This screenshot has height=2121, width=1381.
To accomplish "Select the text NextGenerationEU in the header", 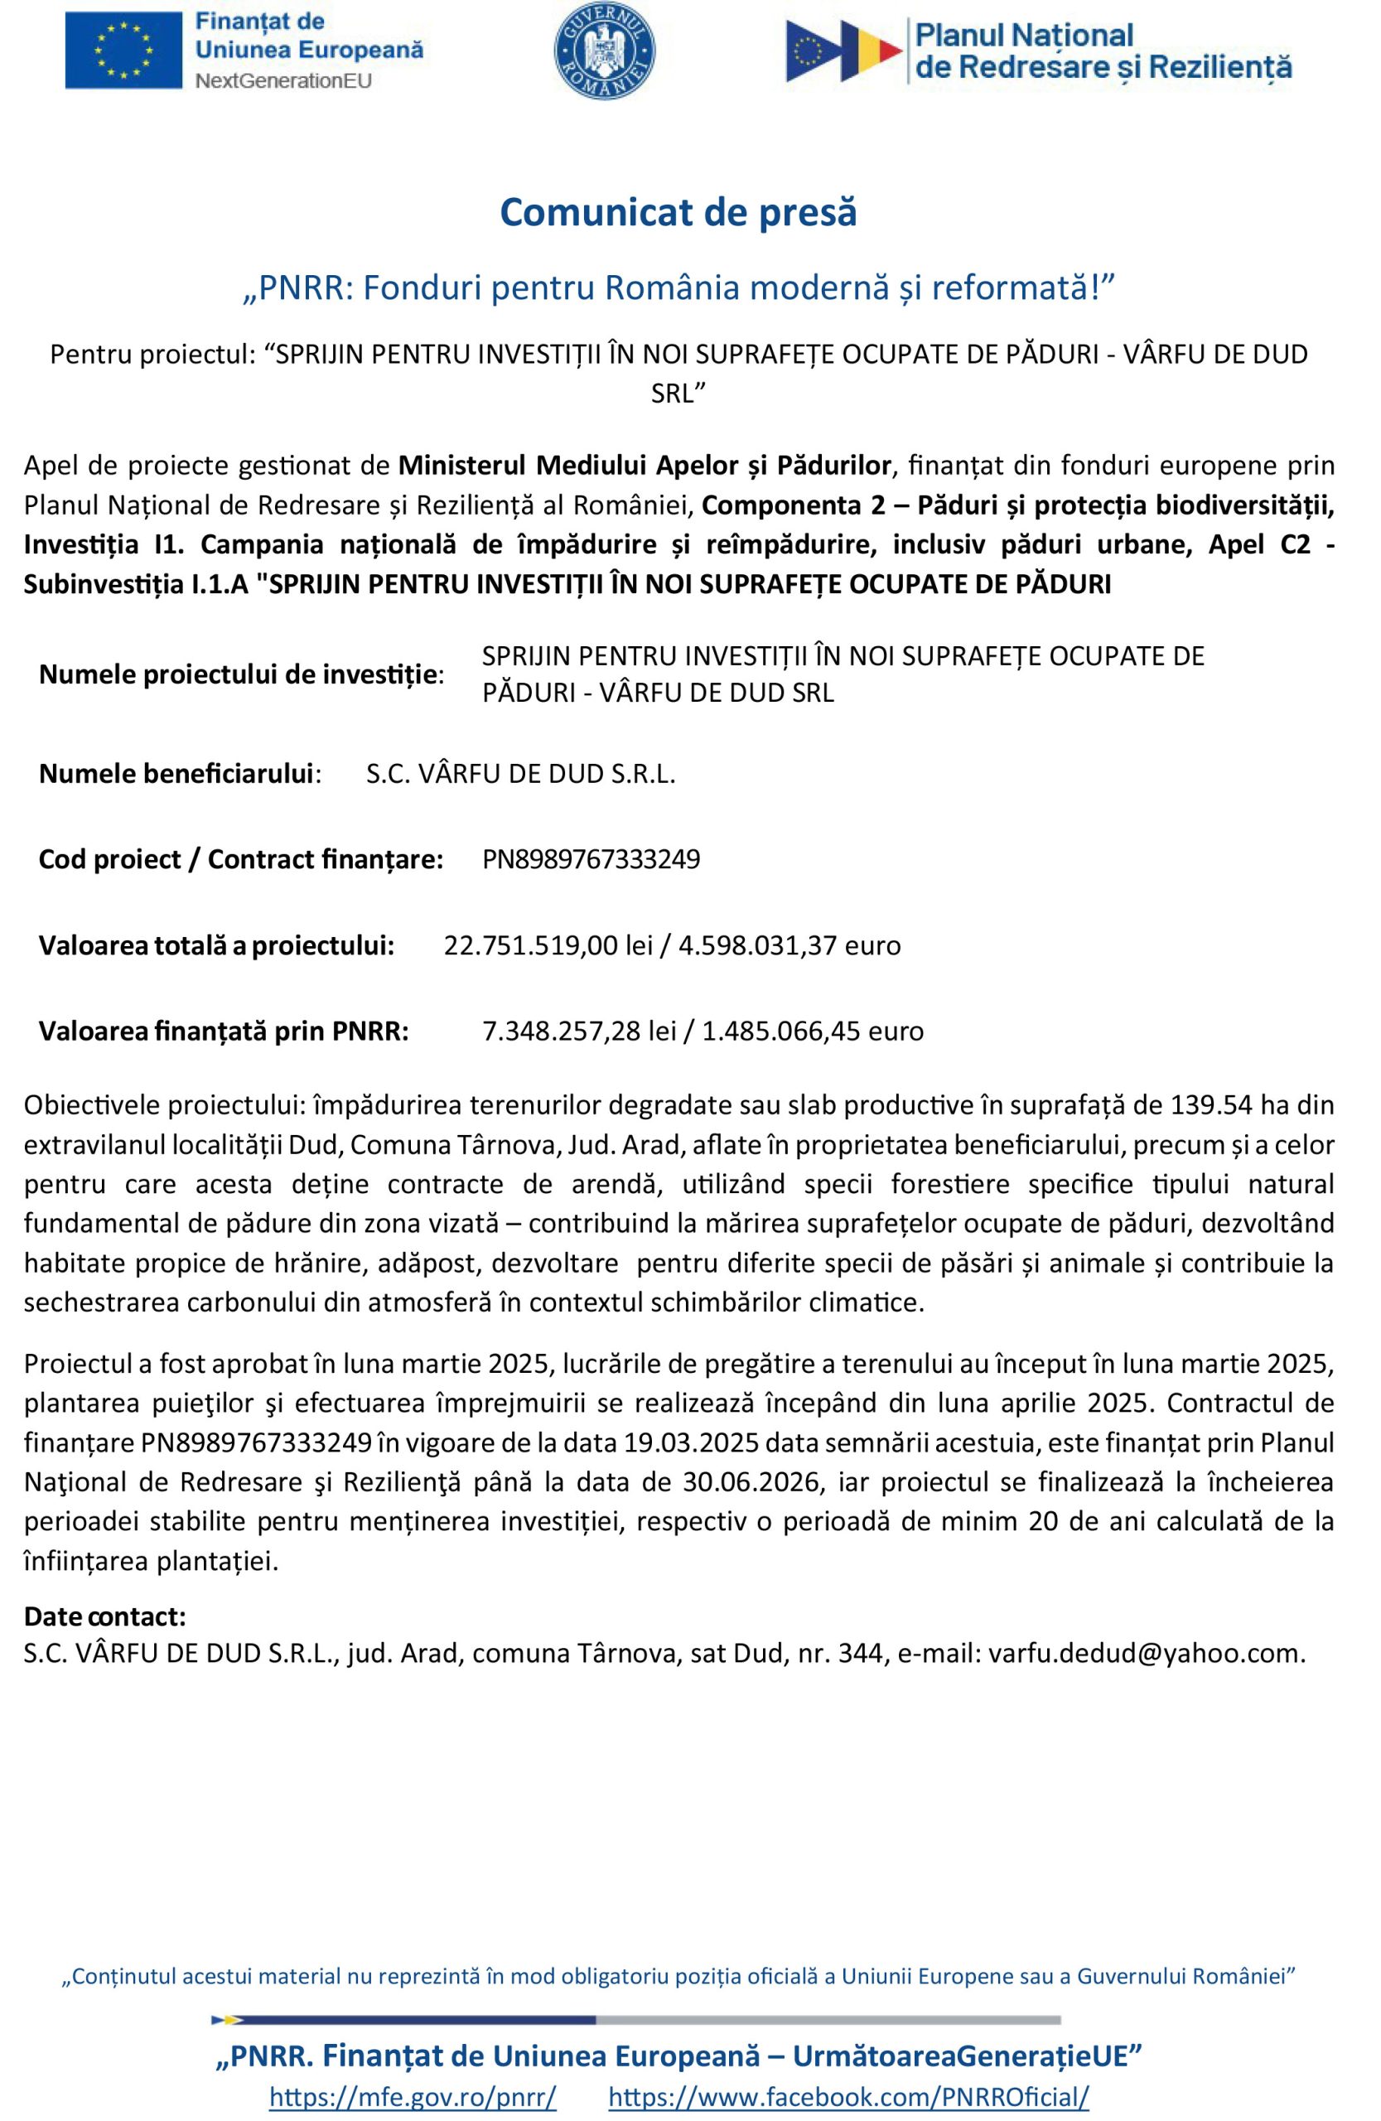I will [283, 80].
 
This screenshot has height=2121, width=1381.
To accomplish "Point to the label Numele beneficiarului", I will [179, 774].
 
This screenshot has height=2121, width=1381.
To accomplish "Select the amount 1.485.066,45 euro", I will [813, 1032].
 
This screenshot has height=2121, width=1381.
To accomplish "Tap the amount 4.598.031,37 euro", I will [789, 945].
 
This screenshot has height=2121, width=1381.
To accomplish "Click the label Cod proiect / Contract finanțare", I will [240, 859].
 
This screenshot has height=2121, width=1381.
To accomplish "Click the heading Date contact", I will [105, 1616].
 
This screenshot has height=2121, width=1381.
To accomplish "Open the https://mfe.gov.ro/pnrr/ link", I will [413, 2095].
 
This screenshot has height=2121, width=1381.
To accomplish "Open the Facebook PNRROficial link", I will [848, 2095].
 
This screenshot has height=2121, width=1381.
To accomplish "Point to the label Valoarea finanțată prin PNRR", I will [224, 1032].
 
